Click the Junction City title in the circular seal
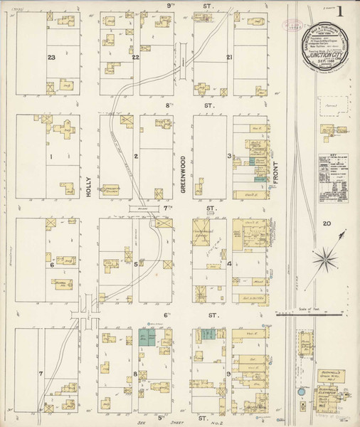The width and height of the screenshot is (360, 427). [324, 53]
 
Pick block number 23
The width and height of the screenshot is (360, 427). [51, 57]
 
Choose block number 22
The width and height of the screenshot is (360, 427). [135, 57]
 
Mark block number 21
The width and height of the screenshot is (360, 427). [229, 57]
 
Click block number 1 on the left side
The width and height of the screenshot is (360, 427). [51, 156]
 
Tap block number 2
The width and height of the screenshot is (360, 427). [135, 156]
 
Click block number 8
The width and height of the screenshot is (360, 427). [135, 373]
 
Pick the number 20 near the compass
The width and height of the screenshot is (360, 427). [326, 224]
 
